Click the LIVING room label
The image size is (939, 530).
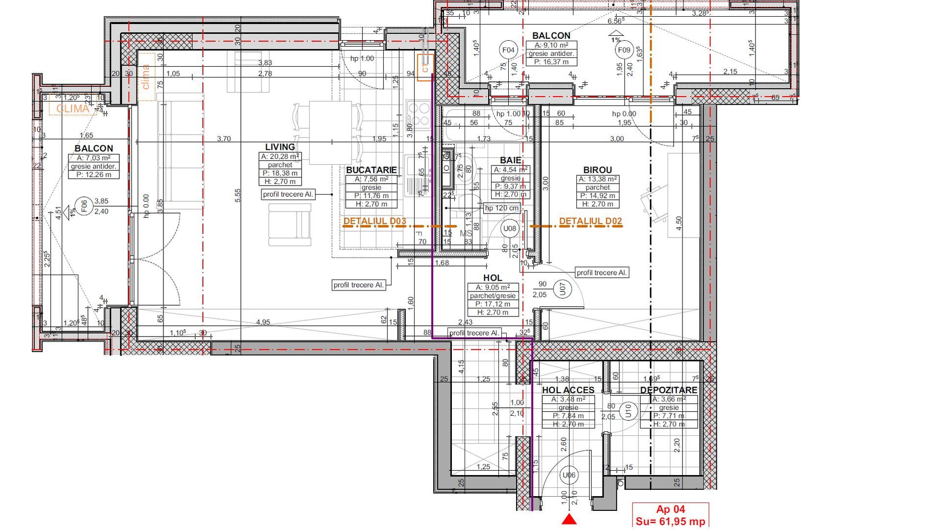[280, 147]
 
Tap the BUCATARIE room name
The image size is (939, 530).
[371, 170]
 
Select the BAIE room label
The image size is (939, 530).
[510, 160]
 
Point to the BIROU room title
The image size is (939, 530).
[597, 170]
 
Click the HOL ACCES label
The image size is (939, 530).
[568, 390]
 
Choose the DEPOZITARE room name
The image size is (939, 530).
[668, 390]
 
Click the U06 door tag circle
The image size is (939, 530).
[569, 475]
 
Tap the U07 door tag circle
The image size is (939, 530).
[563, 289]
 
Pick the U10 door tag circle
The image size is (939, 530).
[628, 411]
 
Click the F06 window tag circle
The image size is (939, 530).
[84, 206]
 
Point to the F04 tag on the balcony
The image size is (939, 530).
[509, 50]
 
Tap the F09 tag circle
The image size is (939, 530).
[624, 50]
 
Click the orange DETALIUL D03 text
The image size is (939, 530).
[374, 221]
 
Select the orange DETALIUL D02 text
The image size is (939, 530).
[590, 221]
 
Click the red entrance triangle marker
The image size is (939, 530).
[569, 519]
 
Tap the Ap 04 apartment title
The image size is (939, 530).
[670, 510]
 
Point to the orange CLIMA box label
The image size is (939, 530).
[73, 108]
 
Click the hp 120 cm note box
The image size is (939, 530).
[501, 208]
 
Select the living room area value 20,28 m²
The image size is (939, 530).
[280, 157]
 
